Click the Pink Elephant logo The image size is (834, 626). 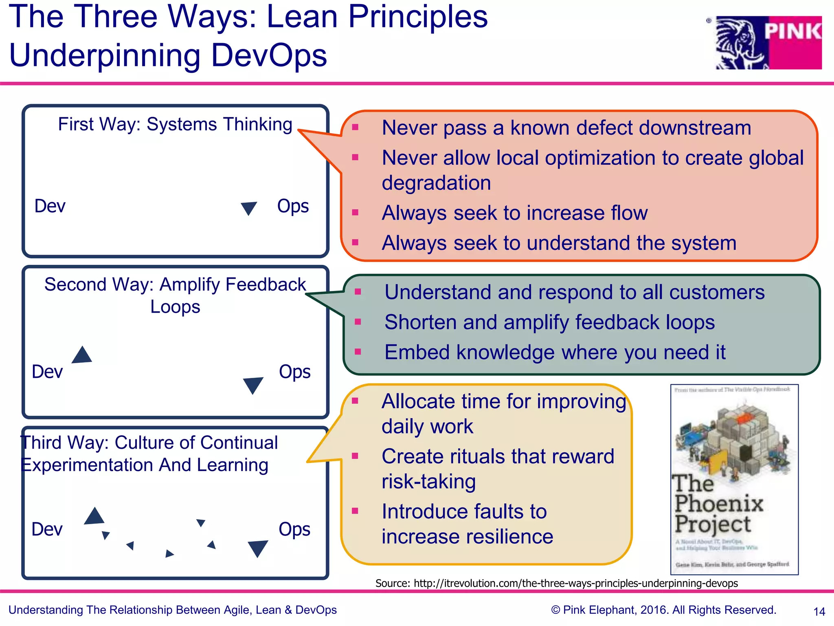tap(768, 42)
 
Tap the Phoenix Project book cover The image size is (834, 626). tap(734, 479)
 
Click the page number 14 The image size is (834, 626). tap(819, 611)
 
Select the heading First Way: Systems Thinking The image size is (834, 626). tap(175, 124)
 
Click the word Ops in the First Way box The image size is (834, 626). tap(293, 206)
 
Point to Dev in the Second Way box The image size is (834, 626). tap(47, 372)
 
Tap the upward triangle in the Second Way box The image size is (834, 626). tap(82, 355)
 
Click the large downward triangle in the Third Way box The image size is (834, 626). tap(258, 548)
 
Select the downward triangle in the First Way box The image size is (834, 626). tap(248, 208)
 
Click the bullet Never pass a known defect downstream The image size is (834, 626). tap(566, 128)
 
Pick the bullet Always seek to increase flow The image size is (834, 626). tap(514, 213)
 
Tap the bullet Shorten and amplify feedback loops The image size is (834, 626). tap(549, 322)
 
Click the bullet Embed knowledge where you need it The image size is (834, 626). tap(555, 352)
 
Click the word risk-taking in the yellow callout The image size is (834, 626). tap(428, 482)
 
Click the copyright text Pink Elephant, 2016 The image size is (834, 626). tap(664, 610)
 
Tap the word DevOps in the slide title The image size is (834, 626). tap(269, 55)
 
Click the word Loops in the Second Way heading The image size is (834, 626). tap(175, 307)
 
